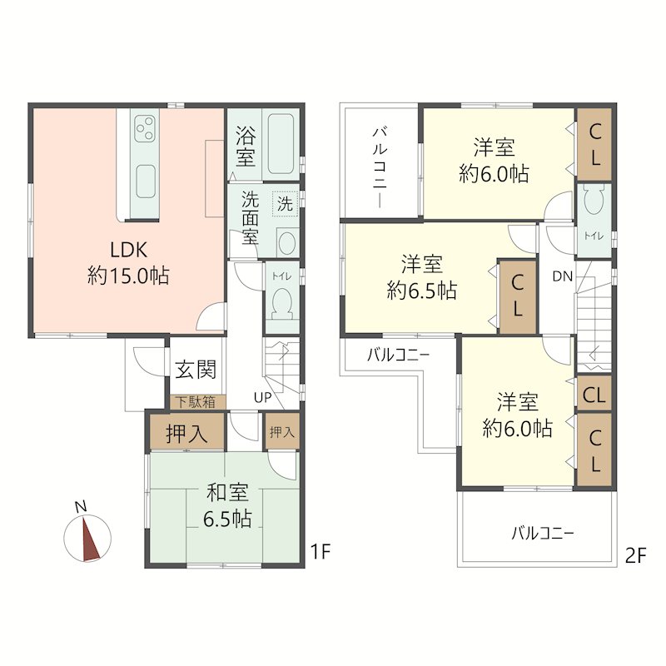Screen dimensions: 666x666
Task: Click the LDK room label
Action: [x=128, y=263]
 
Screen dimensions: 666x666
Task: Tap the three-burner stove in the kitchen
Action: [x=145, y=129]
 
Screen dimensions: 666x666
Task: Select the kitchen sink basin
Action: [x=145, y=181]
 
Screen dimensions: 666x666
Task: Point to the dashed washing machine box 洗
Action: [x=285, y=204]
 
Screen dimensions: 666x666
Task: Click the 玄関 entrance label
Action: [x=196, y=370]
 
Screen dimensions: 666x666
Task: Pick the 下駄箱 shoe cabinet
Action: [x=196, y=402]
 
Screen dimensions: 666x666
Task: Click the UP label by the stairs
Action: [x=262, y=398]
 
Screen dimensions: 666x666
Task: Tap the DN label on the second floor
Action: [x=563, y=276]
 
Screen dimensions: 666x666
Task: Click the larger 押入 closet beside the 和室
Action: [x=186, y=432]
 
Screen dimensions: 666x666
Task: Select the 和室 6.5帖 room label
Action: [x=227, y=505]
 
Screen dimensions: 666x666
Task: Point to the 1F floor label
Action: [x=320, y=552]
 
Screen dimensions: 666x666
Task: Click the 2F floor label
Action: [x=635, y=556]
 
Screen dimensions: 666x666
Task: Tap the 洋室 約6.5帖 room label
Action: [x=422, y=277]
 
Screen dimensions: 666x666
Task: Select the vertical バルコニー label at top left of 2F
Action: [x=380, y=167]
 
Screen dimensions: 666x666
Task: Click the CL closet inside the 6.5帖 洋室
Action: [x=517, y=296]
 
